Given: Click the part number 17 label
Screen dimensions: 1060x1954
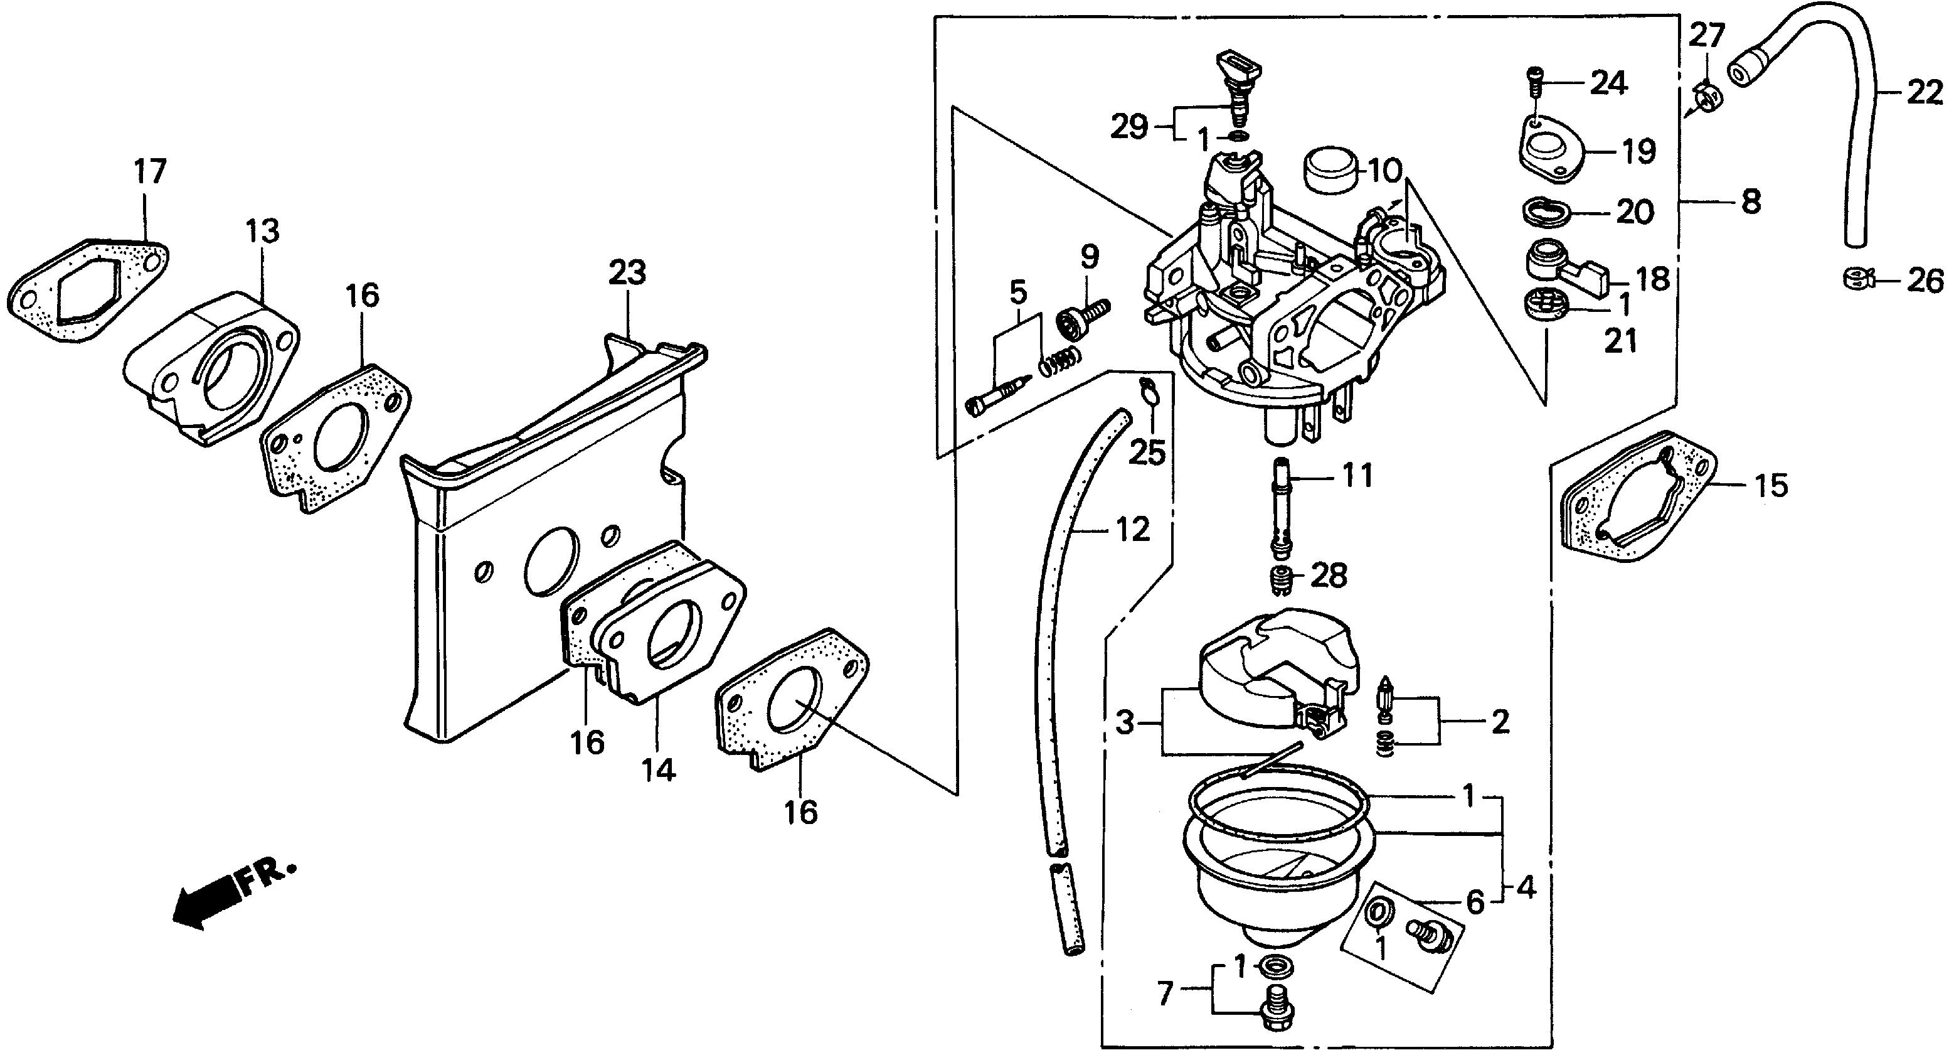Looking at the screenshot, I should point(150,171).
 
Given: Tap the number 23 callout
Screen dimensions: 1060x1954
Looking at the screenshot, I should point(627,272).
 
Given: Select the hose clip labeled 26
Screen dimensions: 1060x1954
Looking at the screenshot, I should point(1859,279).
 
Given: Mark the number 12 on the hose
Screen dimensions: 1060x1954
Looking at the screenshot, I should point(1132,530).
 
